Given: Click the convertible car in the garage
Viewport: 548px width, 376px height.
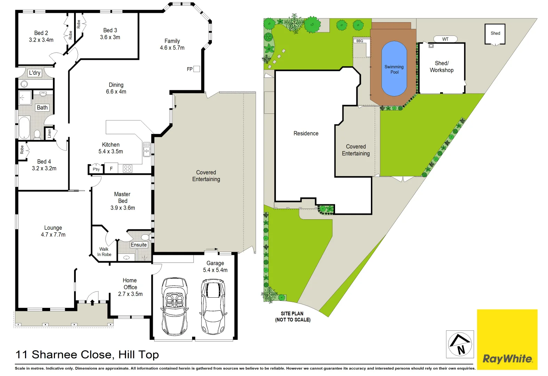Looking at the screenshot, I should (174, 306).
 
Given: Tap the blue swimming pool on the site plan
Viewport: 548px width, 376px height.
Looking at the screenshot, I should (394, 69).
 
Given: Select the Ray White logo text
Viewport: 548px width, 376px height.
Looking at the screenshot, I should (507, 359).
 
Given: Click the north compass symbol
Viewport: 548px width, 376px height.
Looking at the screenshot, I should (460, 344).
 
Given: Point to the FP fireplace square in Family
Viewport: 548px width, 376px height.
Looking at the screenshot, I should (197, 69).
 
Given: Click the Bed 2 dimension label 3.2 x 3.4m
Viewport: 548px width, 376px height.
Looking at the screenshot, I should (41, 40).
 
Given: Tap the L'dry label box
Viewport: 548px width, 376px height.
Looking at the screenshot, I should (35, 73).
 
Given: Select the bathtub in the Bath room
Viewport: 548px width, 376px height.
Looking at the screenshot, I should (24, 128).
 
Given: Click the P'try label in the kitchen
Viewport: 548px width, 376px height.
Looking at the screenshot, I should (96, 169).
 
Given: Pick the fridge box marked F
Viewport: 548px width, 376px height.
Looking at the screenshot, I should (111, 169).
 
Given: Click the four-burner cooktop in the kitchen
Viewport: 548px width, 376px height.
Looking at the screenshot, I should (127, 169).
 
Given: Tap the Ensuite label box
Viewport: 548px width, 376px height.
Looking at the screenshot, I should (139, 245).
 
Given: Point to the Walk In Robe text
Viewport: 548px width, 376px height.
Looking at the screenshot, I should (104, 252).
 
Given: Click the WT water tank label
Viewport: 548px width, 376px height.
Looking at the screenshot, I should (445, 39).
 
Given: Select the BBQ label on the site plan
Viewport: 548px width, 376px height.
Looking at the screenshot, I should (360, 41).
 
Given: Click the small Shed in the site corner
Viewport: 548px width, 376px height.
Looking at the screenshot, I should (495, 33).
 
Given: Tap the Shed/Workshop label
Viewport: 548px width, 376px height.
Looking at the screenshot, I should (442, 66).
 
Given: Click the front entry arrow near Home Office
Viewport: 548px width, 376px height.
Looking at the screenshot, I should (93, 302).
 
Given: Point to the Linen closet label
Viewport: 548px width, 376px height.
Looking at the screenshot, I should (49, 133).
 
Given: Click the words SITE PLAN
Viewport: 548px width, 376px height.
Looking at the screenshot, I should (292, 313).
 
